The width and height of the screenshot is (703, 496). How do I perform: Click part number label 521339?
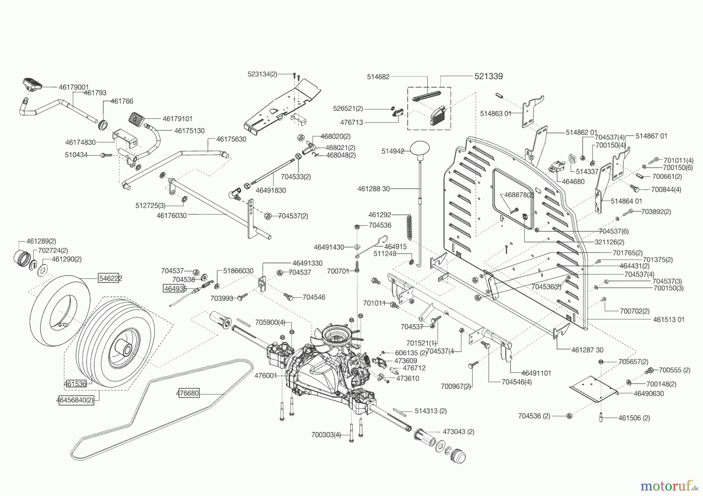click(x=489, y=76)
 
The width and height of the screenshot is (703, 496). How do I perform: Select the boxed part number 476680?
click(x=187, y=393)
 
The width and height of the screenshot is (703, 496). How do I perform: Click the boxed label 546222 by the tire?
click(x=110, y=278)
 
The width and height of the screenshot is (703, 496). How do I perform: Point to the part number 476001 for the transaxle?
click(x=266, y=376)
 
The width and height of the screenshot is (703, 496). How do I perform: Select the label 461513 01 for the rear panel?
click(x=669, y=319)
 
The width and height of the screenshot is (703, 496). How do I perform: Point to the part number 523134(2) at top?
click(x=262, y=74)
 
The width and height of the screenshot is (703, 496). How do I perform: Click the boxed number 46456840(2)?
click(x=77, y=400)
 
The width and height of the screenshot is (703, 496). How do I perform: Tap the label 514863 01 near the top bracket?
click(x=496, y=113)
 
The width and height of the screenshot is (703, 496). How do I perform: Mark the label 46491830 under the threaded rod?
click(x=271, y=190)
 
